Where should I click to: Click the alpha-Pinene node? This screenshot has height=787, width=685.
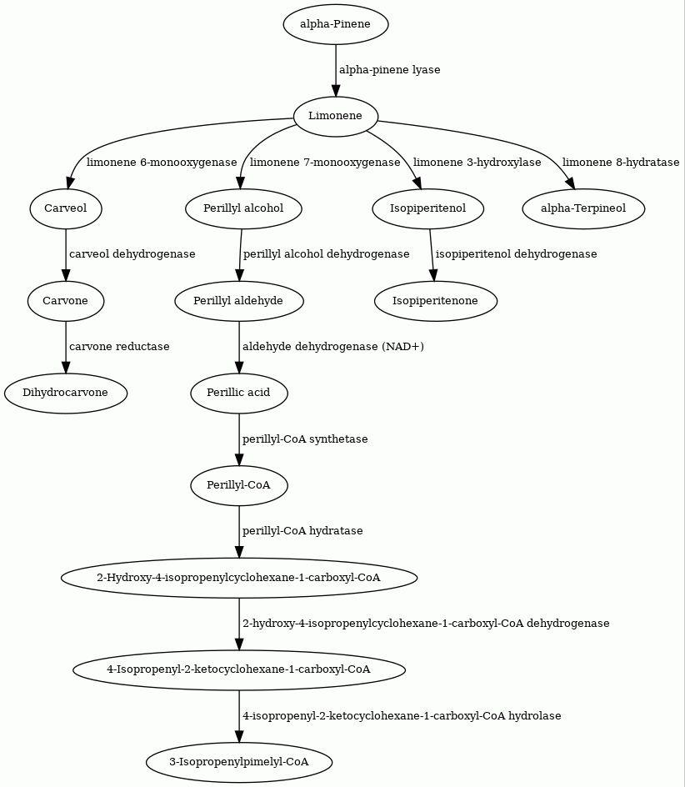pos(336,25)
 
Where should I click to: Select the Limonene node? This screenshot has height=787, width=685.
pos(336,117)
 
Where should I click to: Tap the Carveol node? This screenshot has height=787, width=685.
pos(66,208)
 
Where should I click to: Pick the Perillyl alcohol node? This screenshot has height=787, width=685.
pos(243,208)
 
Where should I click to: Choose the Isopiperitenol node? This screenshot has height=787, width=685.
pos(428,208)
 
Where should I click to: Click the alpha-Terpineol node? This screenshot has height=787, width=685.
pos(583,208)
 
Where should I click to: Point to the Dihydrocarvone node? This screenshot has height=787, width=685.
pos(66,393)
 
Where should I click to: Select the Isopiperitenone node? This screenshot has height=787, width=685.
pos(436,301)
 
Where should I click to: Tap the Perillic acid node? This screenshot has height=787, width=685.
pos(239,393)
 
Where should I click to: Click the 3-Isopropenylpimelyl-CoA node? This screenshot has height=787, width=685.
pos(239,762)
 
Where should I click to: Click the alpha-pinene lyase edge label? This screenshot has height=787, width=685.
pos(390,70)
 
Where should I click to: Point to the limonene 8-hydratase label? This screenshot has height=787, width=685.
pos(621,163)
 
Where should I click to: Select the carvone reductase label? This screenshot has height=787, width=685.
pos(119,347)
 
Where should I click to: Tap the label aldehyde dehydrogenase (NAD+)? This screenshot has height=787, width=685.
pos(333,347)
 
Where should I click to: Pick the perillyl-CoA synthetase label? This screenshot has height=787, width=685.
pos(305,439)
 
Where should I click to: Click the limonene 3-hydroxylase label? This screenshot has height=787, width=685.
pos(477,163)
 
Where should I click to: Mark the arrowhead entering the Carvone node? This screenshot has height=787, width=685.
pos(66,275)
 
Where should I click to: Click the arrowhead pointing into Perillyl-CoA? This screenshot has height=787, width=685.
pos(239,459)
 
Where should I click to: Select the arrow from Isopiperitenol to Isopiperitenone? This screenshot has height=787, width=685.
pos(432,255)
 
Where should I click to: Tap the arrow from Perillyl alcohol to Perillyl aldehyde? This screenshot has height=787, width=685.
pos(241,255)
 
